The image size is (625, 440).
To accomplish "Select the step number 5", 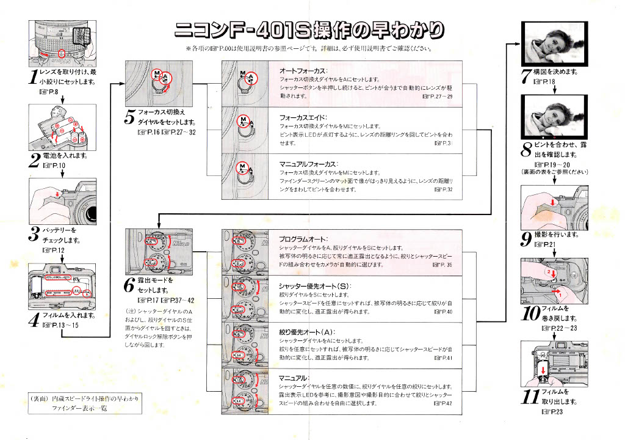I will coord(129,117).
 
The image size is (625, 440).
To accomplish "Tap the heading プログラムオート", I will coord(303,239).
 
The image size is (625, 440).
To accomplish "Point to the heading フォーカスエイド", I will coord(303,117).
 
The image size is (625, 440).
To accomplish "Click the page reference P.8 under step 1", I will coord(48,92).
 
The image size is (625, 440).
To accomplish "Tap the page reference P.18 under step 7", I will coord(545,82).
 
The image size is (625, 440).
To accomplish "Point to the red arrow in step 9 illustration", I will coord(552,201).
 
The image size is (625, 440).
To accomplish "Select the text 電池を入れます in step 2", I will coord(63,157).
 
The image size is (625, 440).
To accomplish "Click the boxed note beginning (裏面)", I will coord(85,403).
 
